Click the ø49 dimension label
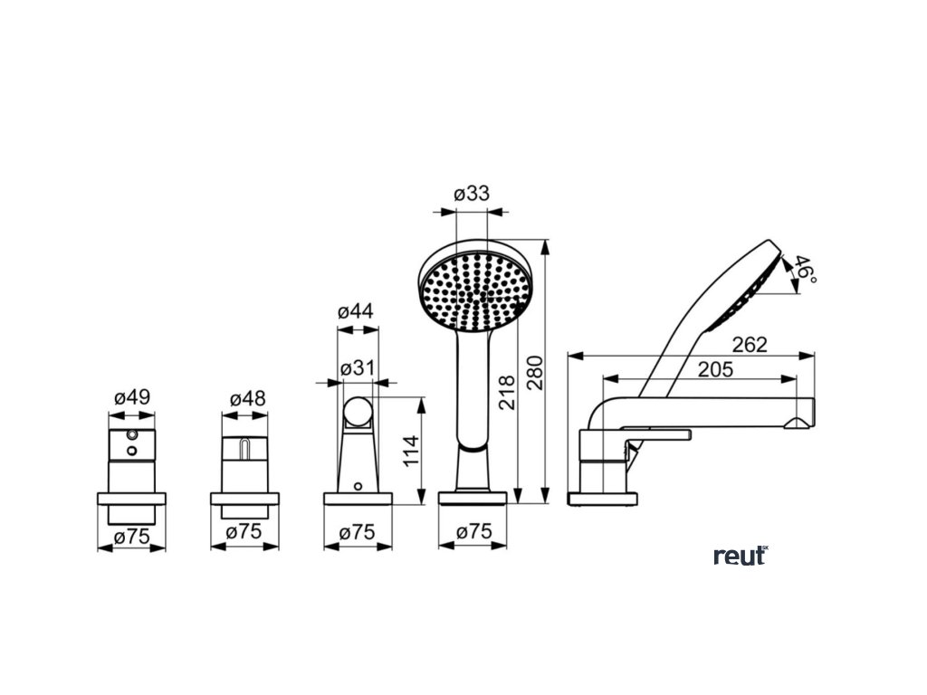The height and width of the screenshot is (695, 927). pos(131,396)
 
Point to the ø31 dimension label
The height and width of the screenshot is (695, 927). pos(358,368)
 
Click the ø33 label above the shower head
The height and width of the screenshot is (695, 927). pos(471,194)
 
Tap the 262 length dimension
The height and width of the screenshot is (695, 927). pos(750,344)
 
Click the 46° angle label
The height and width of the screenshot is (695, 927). pos(806,269)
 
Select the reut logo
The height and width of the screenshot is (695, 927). pos(740,555)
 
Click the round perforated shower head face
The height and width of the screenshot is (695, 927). pos(473,289)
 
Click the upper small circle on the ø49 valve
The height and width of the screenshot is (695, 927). pos(133,436)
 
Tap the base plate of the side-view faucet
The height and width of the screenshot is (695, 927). pos(602,499)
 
